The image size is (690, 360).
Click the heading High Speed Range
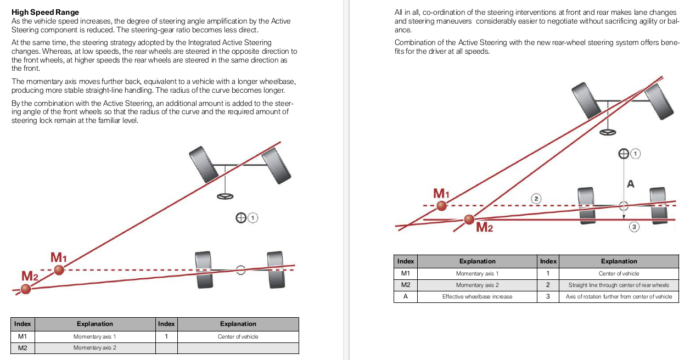click(45, 12)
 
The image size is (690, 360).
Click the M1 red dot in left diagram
click(59, 269)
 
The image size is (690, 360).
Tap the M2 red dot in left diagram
click(26, 289)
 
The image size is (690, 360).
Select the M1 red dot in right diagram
click(442, 206)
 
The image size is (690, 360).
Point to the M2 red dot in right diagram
click(469, 220)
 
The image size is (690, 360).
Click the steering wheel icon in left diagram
click(225, 196)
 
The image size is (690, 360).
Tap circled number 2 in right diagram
click(536, 198)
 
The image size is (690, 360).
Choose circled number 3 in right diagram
click(634, 227)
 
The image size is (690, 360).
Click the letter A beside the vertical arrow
click(631, 184)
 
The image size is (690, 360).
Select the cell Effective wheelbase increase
click(477, 296)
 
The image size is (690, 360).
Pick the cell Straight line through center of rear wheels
click(619, 285)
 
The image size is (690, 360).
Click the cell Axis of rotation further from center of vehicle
click(619, 296)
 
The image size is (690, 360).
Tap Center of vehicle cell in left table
click(238, 336)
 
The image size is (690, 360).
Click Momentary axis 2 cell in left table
click(94, 348)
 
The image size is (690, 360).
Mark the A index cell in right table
click(406, 296)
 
